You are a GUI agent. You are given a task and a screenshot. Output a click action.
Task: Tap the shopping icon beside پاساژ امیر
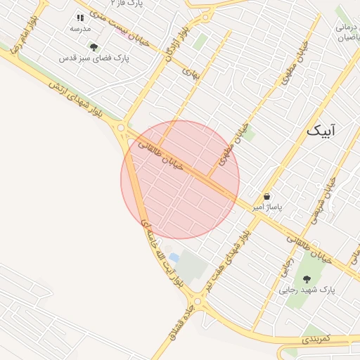coord(267,197)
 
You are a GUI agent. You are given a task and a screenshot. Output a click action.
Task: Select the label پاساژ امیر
coord(267,208)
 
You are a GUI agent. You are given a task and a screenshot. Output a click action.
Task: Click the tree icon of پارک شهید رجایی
coord(307,278)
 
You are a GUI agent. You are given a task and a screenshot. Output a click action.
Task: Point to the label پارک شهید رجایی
coord(307,290)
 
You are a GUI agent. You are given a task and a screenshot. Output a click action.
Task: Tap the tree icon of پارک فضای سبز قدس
coord(94,47)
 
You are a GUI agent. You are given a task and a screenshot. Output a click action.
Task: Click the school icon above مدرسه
coord(79,18)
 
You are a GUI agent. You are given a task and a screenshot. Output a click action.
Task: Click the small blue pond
coord(174,259)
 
